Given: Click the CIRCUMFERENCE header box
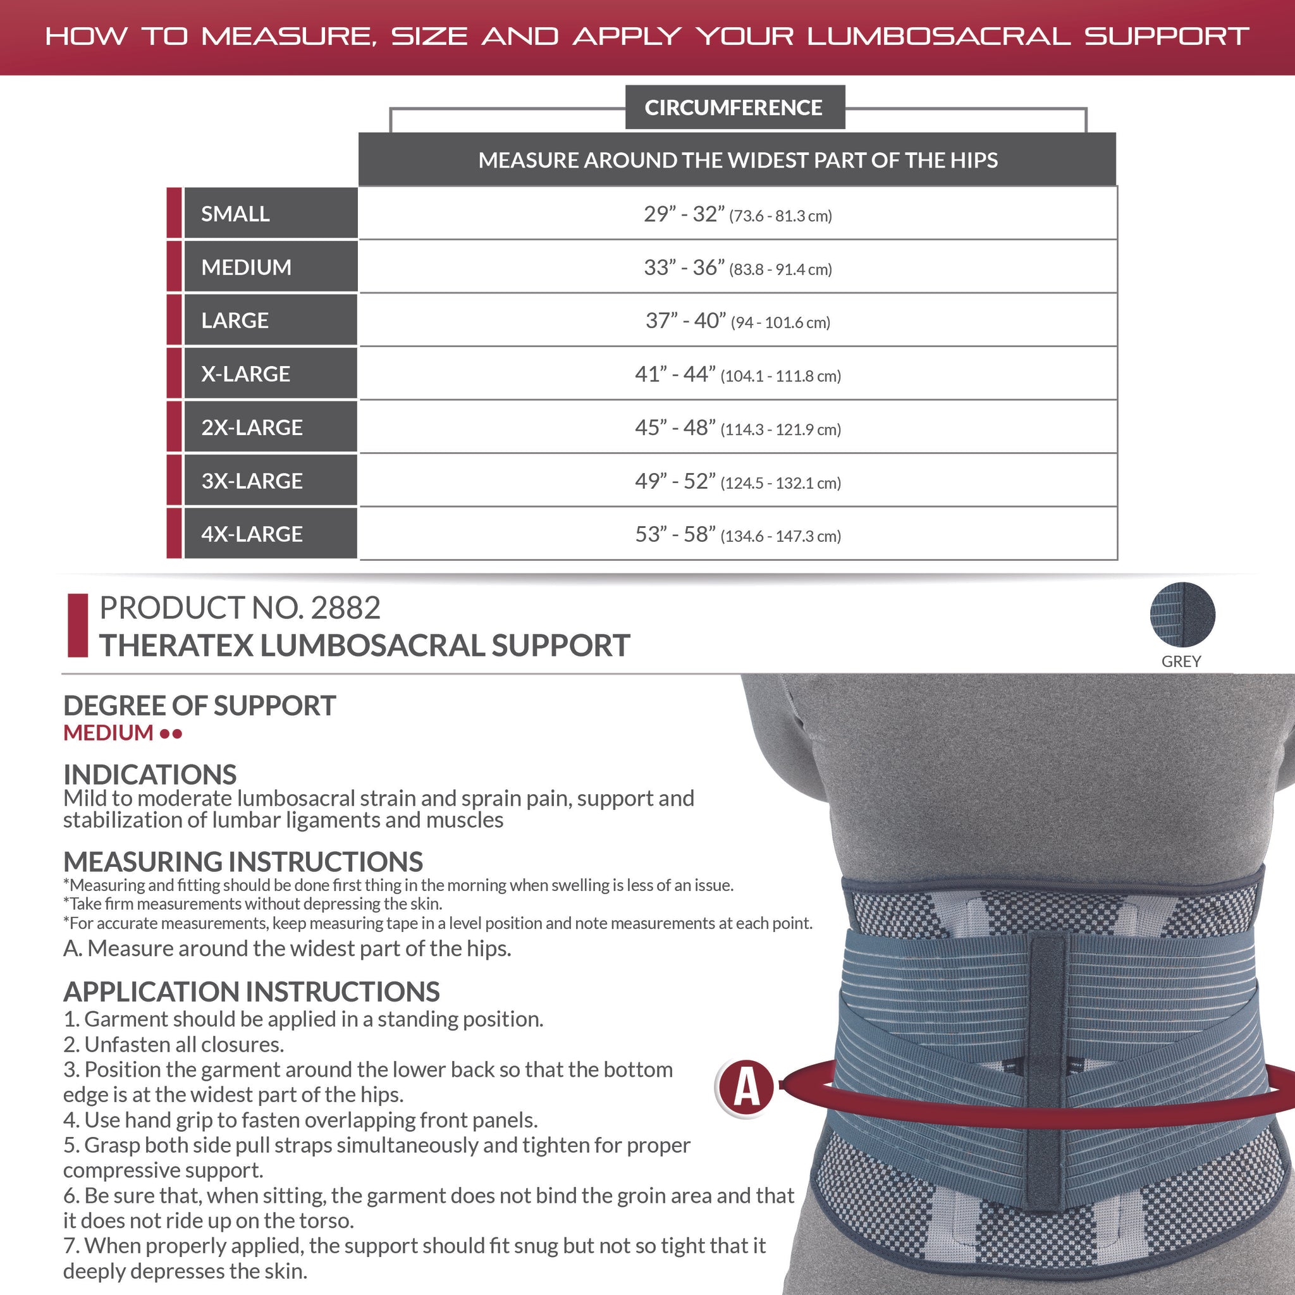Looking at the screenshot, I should (735, 107).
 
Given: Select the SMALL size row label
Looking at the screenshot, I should (269, 214).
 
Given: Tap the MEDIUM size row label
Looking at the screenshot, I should (269, 267).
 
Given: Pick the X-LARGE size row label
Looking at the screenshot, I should (269, 373).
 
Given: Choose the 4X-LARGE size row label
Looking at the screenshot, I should (269, 534).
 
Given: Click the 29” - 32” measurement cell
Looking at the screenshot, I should (737, 214).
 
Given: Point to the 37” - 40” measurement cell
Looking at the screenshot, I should (737, 321).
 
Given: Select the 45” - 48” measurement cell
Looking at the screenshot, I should (737, 427).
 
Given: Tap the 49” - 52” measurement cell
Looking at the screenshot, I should (737, 481).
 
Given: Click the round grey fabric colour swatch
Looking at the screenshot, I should (1182, 615).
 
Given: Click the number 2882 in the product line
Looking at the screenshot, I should (346, 608).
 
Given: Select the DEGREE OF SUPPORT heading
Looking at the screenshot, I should (199, 706).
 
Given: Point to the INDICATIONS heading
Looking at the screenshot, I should (149, 775).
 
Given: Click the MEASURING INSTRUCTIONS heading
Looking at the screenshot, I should (243, 862).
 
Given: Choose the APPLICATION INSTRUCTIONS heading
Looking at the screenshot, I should (252, 992).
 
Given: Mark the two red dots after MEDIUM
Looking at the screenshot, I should (171, 734).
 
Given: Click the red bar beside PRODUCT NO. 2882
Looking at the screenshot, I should (78, 625).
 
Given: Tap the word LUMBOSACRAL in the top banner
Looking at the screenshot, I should (938, 36).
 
